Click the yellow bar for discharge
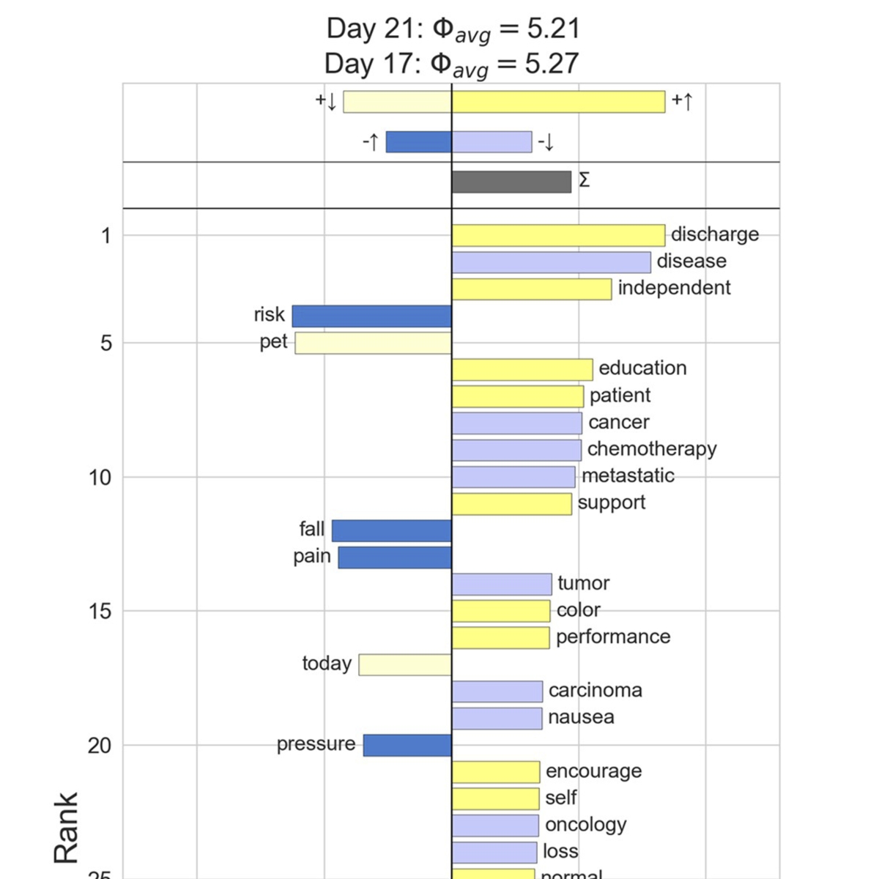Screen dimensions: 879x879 click(558, 235)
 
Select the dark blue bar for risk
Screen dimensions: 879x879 click(371, 316)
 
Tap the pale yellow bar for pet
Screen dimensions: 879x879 click(373, 343)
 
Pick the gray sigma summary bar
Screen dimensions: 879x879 click(511, 182)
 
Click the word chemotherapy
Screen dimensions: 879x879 click(651, 449)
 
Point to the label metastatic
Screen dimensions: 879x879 click(628, 476)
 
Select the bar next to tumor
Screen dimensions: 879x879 click(502, 584)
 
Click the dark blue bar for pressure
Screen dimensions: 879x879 click(407, 745)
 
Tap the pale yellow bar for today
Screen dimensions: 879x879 click(405, 664)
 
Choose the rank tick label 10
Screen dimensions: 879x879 click(100, 478)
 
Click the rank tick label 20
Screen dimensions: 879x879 click(100, 746)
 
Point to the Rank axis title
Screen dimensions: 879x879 click(66, 827)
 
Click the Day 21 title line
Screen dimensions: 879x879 click(453, 29)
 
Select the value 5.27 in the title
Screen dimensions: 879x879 click(552, 64)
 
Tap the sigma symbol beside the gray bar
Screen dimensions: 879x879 click(584, 180)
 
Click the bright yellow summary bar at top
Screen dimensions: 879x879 click(558, 102)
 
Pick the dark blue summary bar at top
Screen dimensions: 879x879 click(418, 141)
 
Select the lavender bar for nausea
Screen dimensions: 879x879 click(497, 718)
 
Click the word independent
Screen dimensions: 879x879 click(674, 288)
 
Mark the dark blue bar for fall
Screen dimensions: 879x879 click(391, 530)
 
